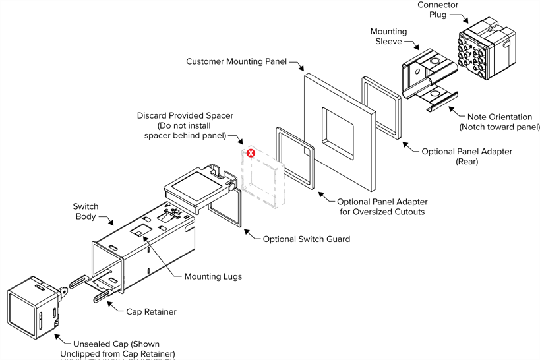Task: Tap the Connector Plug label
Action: point(438,10)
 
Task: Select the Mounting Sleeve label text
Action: point(388,36)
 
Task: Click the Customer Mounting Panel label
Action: point(236,62)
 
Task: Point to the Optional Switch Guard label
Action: point(306,239)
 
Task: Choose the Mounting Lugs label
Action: point(212,276)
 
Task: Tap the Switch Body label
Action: point(86,211)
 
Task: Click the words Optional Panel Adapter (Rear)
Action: point(467,156)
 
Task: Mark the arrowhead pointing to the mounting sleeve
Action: point(419,48)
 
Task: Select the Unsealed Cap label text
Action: point(117,349)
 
